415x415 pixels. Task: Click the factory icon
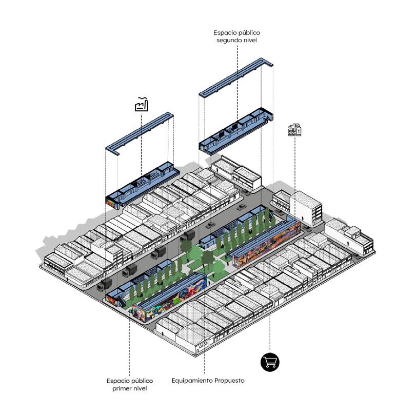(x=142, y=104)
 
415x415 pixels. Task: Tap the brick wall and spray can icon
(x=294, y=130)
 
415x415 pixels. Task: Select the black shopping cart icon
(x=270, y=362)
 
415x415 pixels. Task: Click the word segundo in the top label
(x=227, y=41)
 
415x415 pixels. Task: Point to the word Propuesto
(x=229, y=381)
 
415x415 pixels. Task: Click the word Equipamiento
(x=192, y=381)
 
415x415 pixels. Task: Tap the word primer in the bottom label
(x=121, y=388)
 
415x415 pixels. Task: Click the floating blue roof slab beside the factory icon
(x=140, y=134)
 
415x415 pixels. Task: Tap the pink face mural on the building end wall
(x=139, y=313)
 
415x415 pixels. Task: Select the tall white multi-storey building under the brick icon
(x=306, y=208)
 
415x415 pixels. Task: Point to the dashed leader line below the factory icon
(x=141, y=144)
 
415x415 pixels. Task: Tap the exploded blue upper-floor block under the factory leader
(x=143, y=184)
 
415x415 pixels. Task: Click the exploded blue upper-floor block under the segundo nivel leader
(x=236, y=131)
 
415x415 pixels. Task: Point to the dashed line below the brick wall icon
(x=295, y=164)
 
